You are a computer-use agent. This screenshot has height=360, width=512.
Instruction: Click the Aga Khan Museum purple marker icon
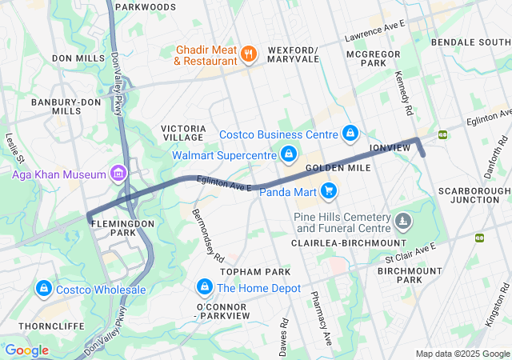119,174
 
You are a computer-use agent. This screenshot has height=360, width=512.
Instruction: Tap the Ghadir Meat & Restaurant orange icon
249,54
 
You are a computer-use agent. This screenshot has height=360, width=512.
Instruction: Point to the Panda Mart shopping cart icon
328,190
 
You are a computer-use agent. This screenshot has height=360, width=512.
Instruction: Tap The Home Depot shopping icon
204,288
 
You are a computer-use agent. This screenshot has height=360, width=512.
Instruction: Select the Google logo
26,350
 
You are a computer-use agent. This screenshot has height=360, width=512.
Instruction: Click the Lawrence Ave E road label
375,33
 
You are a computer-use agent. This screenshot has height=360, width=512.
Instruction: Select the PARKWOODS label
145,6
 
